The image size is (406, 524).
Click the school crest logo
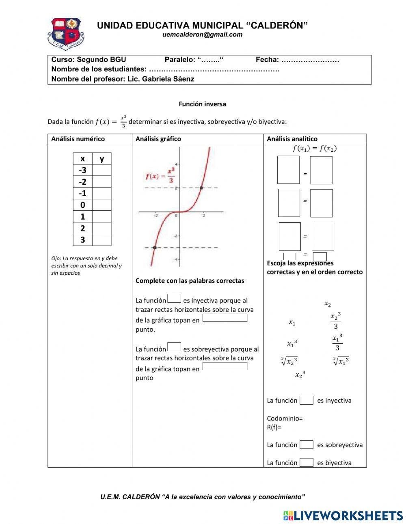click(x=66, y=34)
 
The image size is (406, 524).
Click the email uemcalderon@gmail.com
click(x=202, y=35)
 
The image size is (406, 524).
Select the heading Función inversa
click(x=202, y=104)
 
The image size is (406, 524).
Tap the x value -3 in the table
click(x=82, y=170)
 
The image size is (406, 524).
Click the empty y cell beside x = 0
click(x=101, y=205)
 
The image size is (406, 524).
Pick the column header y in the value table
click(x=101, y=159)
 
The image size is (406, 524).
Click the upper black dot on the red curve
click(x=201, y=188)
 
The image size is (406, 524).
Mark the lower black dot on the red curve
click(x=155, y=247)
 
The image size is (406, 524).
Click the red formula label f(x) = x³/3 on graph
click(x=160, y=175)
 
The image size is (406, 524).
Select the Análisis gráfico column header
click(x=158, y=139)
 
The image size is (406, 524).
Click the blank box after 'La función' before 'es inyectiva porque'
click(x=174, y=299)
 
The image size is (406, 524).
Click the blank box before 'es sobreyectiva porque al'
click(x=174, y=347)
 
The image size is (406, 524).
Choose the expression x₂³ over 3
click(x=335, y=321)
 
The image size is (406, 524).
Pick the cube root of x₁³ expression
click(x=341, y=361)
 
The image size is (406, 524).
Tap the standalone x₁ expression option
click(x=292, y=323)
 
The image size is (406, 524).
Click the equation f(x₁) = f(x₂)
click(x=315, y=149)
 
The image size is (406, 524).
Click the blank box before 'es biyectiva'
click(x=307, y=462)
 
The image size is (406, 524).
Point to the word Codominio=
click(x=285, y=418)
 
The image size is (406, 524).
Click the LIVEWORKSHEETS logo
click(x=343, y=515)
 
